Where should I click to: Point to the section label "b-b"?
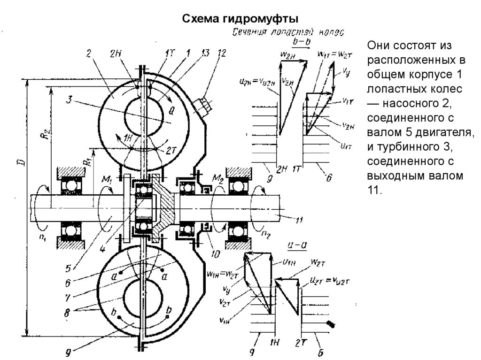click(x=301, y=43)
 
